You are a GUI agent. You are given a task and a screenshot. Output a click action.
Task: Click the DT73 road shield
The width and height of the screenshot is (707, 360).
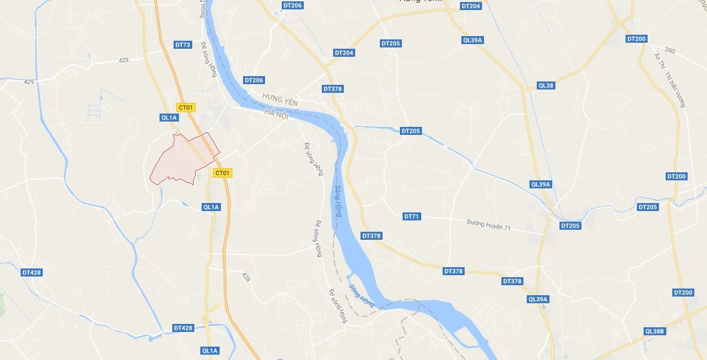[x=183, y=45]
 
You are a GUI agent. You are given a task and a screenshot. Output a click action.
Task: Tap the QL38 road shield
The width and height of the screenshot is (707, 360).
[x=545, y=85]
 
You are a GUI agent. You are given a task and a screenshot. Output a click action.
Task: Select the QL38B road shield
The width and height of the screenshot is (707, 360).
[x=655, y=331]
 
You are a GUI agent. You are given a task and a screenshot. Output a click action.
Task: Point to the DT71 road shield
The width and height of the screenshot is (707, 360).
[x=412, y=216]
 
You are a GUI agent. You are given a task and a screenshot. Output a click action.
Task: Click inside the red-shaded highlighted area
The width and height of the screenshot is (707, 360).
[x=180, y=160]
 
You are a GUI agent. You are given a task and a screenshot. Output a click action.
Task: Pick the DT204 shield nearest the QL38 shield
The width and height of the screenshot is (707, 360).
[x=471, y=6]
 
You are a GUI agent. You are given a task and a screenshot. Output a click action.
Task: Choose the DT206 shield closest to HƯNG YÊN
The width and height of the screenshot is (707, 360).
[x=254, y=80]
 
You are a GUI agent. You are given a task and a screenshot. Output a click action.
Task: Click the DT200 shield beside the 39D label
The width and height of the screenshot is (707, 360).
[x=636, y=39]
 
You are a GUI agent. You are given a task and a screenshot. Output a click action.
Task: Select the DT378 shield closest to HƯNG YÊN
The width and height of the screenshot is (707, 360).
[x=332, y=89]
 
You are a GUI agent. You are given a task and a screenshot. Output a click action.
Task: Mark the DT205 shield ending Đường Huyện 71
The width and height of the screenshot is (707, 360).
[x=570, y=226]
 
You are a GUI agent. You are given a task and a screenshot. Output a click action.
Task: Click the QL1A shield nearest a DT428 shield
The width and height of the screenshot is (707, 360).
[x=209, y=350]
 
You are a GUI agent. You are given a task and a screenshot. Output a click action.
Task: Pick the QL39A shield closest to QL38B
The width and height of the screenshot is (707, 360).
[x=537, y=299]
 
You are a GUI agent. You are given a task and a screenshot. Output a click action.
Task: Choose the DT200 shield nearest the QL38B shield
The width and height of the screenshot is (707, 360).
[x=683, y=293]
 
